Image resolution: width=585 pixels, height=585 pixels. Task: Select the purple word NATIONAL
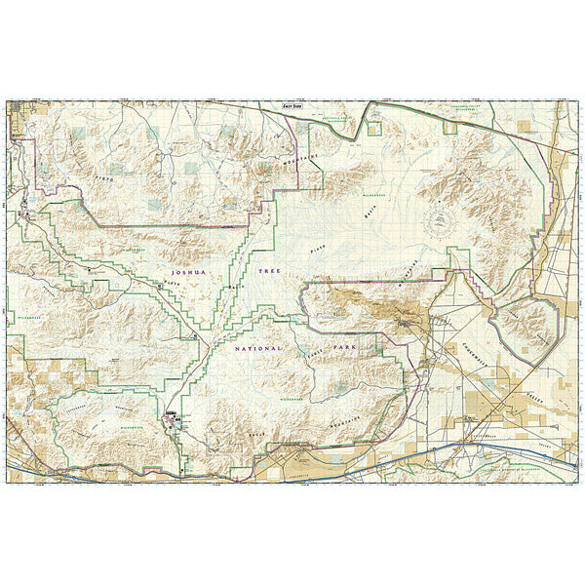click(x=257, y=348)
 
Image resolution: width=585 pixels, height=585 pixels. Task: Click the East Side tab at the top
click(x=292, y=105)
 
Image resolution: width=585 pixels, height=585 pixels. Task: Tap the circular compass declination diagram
click(x=442, y=221)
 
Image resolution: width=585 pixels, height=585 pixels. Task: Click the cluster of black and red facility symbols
click(x=173, y=420)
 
